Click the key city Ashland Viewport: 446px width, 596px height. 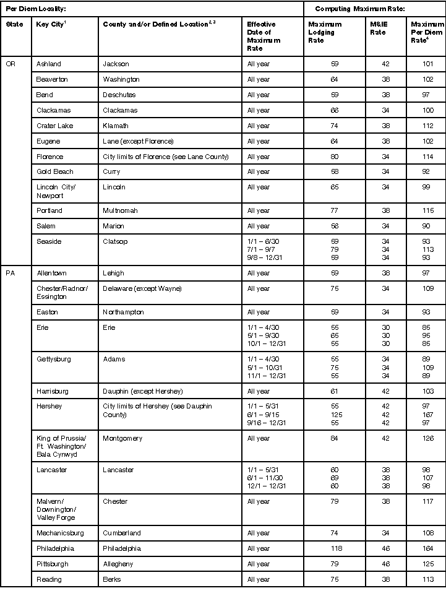pyautogui.click(x=49, y=64)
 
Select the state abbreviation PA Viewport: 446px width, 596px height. pyautogui.click(x=11, y=273)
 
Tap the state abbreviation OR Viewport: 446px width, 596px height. pyautogui.click(x=11, y=64)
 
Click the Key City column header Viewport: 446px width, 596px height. pyautogui.click(x=51, y=24)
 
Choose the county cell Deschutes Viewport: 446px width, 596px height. pyautogui.click(x=119, y=95)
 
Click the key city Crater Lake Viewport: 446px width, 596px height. pyautogui.click(x=54, y=126)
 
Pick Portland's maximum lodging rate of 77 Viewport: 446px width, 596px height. pyautogui.click(x=334, y=210)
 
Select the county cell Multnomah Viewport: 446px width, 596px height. pyautogui.click(x=121, y=210)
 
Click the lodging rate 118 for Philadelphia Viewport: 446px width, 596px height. pyautogui.click(x=334, y=548)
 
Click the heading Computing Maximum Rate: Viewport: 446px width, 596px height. pyautogui.click(x=359, y=9)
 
